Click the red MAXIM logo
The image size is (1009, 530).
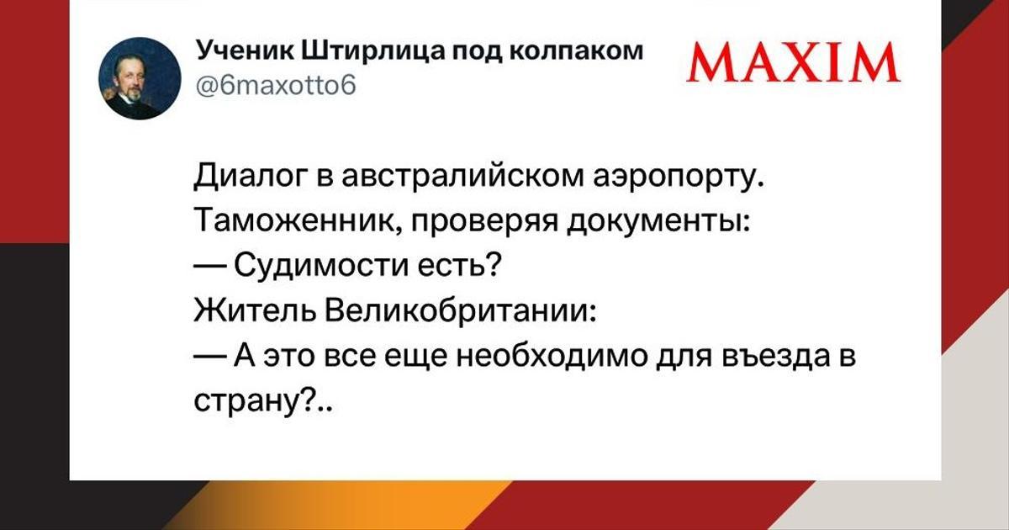793,62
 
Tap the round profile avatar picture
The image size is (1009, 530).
140,78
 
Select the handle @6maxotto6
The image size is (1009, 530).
276,85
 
